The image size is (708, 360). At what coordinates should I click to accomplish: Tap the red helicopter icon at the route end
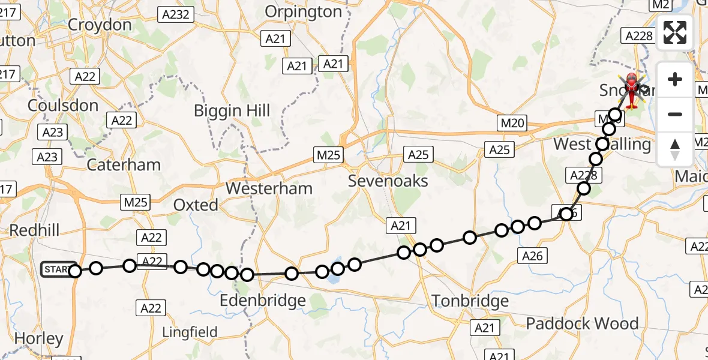point(632,90)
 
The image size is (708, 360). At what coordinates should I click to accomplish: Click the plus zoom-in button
point(675,79)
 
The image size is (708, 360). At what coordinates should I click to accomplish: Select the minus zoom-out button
point(675,114)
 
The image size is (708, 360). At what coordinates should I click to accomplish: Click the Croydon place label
point(100,25)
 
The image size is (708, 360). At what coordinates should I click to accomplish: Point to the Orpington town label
point(303,11)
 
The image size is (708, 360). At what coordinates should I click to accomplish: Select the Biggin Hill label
point(232,111)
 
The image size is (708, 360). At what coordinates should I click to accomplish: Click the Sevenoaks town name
point(389,181)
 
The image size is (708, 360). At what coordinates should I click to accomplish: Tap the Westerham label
point(269,188)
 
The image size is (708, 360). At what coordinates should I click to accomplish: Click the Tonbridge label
point(470,301)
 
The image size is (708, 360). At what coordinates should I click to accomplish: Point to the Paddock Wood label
point(582,324)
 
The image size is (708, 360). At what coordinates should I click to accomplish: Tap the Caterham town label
point(124,165)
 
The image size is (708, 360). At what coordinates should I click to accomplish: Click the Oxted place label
point(196,205)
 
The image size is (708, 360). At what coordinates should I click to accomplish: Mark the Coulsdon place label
point(63,106)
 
